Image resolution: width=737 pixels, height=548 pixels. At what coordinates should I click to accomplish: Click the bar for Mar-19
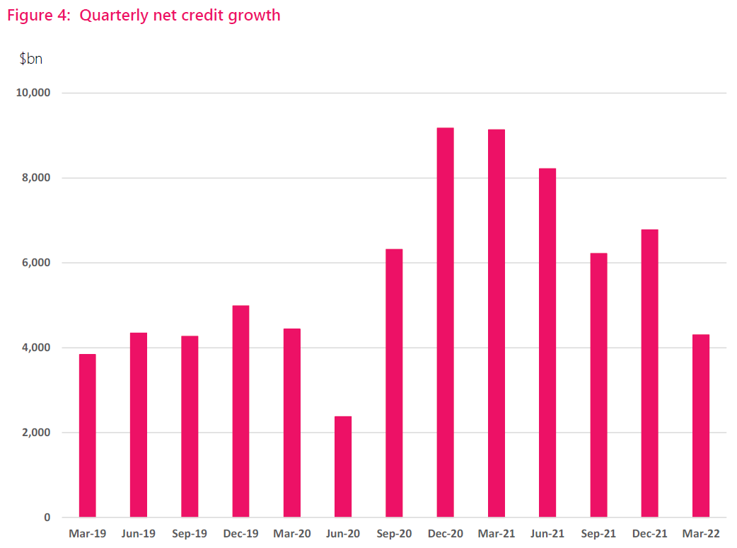click(x=87, y=435)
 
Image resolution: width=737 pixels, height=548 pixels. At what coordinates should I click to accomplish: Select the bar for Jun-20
click(x=343, y=467)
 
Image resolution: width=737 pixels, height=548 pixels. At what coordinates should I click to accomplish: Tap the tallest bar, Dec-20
click(x=445, y=322)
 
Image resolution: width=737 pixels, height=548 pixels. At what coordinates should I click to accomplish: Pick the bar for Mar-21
click(x=497, y=323)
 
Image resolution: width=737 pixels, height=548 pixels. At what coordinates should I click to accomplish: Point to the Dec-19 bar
click(x=240, y=411)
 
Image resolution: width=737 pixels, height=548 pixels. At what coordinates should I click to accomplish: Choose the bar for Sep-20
click(x=394, y=383)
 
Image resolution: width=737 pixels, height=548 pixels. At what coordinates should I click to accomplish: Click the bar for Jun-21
click(x=547, y=343)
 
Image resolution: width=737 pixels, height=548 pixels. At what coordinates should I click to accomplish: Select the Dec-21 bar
click(x=649, y=373)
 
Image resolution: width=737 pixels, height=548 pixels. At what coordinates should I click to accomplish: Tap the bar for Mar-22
click(x=700, y=426)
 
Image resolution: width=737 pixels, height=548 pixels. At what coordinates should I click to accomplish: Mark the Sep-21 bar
click(x=598, y=385)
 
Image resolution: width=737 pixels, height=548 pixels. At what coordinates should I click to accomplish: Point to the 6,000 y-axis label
click(x=38, y=263)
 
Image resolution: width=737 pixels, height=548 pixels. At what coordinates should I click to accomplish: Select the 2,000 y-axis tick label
click(x=38, y=433)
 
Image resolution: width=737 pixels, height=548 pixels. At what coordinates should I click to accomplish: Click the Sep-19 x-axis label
click(x=190, y=533)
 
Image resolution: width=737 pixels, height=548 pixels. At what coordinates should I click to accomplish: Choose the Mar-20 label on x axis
click(x=292, y=533)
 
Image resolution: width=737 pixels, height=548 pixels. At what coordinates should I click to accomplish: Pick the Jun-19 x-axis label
click(x=139, y=533)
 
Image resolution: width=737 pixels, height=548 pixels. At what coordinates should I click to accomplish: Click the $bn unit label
click(x=31, y=59)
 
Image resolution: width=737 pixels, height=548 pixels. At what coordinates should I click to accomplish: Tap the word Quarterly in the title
click(x=112, y=16)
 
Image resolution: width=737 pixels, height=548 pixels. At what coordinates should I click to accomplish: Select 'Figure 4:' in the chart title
click(x=38, y=16)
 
